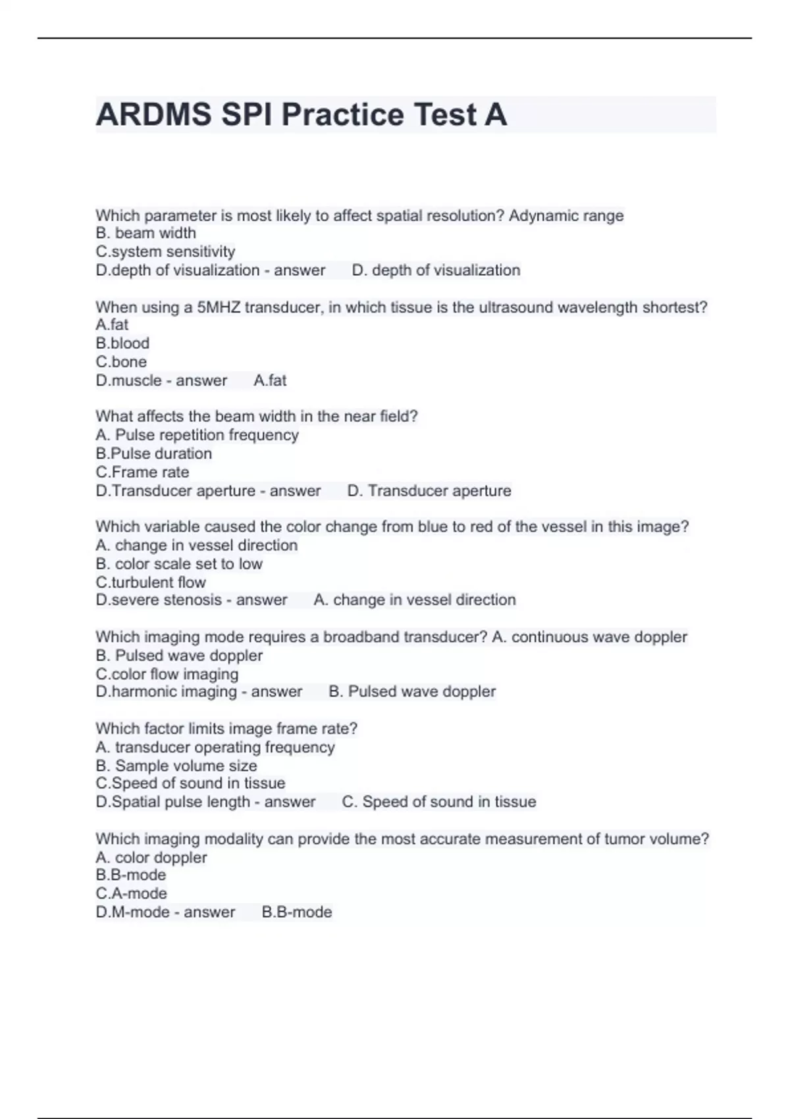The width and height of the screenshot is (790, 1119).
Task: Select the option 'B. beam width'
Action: (x=145, y=233)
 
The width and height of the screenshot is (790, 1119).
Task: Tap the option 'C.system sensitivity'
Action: (x=165, y=251)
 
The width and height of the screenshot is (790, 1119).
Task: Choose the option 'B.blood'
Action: (x=122, y=343)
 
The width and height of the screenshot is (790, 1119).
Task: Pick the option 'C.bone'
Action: (x=121, y=361)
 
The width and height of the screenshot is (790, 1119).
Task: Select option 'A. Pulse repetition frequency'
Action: (x=197, y=435)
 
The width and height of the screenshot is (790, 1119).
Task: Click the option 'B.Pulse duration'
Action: (x=153, y=454)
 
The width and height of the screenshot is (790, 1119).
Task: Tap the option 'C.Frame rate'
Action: (x=142, y=472)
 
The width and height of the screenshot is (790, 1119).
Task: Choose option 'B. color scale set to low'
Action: (x=179, y=563)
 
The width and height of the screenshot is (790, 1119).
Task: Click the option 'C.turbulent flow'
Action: (x=151, y=582)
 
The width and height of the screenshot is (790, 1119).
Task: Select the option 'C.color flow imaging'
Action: (x=167, y=674)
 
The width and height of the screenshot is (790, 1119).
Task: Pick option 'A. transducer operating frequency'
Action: (x=215, y=747)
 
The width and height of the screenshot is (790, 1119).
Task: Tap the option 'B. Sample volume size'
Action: (x=176, y=766)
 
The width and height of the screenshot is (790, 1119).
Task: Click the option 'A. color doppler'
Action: (x=151, y=857)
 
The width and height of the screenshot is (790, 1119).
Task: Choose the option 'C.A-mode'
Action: (x=131, y=893)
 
